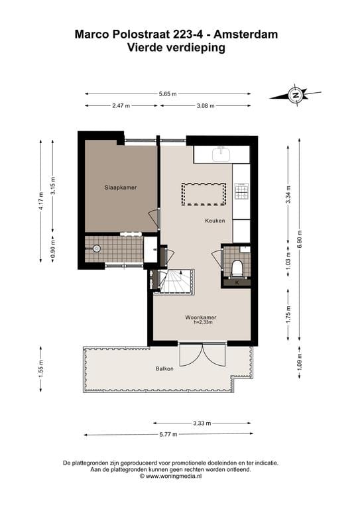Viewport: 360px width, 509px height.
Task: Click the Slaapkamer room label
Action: pos(120,188)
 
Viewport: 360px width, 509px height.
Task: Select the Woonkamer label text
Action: pos(201,317)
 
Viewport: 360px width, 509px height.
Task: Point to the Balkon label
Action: pos(164,368)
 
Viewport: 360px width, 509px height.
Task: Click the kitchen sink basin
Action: pos(221,154)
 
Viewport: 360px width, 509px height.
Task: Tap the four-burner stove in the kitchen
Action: pos(241,192)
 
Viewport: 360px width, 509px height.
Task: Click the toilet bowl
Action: pos(237,268)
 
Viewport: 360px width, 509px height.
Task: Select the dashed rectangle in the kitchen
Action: pos(204,194)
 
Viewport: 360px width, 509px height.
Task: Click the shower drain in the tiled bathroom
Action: pos(97,249)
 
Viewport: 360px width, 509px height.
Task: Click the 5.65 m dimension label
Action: pos(167,94)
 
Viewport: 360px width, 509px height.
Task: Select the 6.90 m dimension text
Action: pos(299,237)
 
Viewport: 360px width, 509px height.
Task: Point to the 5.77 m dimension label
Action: pos(167,435)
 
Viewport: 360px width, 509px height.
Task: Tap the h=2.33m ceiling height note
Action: pos(202,323)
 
